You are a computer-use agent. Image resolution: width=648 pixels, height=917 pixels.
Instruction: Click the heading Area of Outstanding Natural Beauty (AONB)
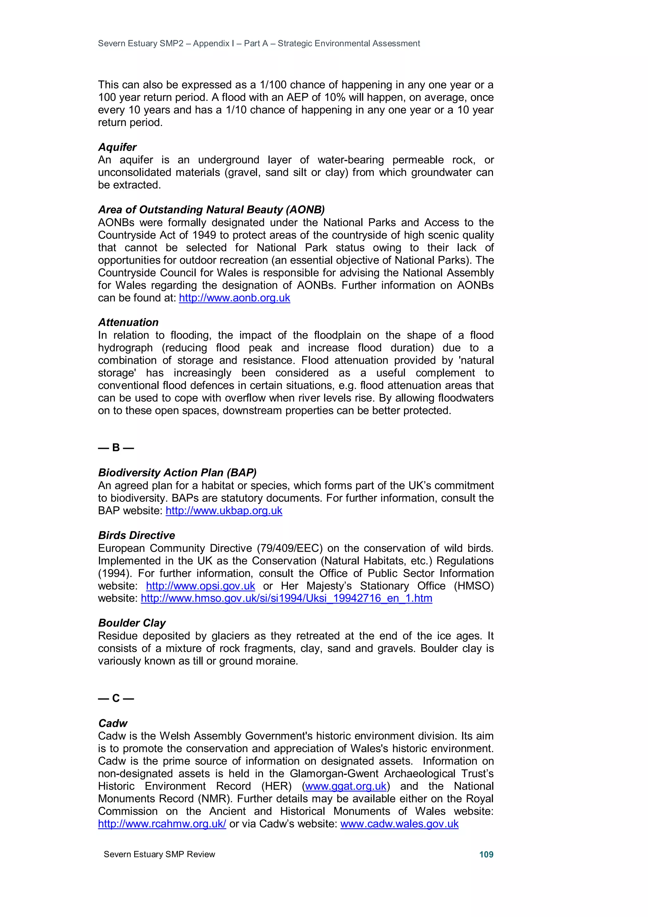(x=211, y=210)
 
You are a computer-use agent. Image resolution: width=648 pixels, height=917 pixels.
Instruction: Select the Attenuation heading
(x=128, y=322)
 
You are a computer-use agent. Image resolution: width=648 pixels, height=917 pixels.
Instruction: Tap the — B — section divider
(x=116, y=447)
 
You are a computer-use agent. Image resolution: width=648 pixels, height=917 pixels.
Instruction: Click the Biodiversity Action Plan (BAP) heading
(x=177, y=473)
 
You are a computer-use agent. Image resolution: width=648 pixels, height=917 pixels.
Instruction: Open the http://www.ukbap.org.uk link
(x=224, y=511)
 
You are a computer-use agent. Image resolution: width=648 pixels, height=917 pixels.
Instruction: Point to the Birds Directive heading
(x=137, y=535)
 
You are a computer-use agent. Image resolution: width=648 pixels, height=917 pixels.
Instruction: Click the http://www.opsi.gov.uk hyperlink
(x=200, y=586)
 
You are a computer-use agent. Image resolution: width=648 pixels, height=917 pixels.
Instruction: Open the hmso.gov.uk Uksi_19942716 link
(x=286, y=598)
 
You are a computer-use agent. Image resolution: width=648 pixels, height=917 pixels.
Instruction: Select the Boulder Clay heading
(x=132, y=623)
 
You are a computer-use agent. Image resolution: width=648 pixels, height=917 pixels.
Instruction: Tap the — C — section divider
(x=116, y=698)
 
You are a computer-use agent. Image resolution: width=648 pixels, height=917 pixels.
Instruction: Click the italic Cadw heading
(x=113, y=723)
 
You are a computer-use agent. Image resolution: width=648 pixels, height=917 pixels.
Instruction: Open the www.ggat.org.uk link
(x=346, y=786)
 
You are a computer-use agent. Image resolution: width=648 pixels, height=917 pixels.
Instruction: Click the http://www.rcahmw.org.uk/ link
(x=162, y=824)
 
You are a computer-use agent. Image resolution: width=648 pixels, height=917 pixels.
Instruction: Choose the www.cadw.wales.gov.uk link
(x=399, y=824)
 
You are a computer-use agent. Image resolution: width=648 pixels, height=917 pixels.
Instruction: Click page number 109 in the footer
(x=486, y=854)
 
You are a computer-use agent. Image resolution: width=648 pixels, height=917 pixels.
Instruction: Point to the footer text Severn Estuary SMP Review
(x=159, y=854)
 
